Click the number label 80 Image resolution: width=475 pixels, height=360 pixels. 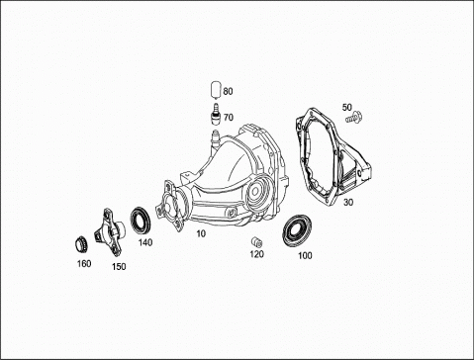pos(228,91)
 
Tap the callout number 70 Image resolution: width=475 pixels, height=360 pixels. pos(229,118)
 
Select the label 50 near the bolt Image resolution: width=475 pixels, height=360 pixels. pos(347,107)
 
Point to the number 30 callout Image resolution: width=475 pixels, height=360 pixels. pos(348,202)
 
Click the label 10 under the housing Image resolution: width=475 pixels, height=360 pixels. pos(201,233)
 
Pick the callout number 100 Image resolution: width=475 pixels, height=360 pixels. pos(305,255)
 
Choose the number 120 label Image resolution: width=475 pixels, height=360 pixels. pos(256,254)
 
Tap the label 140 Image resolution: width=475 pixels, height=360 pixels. pos(145,242)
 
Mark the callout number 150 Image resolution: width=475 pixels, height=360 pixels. pos(119,267)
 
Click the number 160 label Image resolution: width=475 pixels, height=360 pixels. pos(84,264)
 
